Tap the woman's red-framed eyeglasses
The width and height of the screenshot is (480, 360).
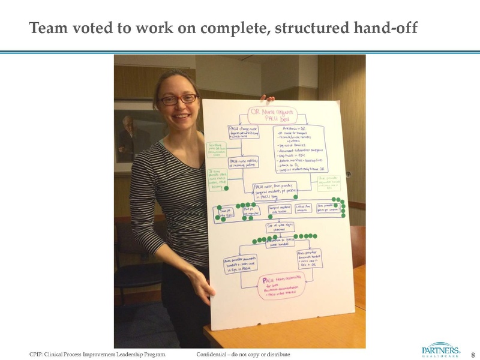[x=178, y=99]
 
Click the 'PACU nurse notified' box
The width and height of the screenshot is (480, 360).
[x=245, y=163]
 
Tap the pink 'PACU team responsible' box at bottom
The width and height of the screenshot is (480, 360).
[x=281, y=288]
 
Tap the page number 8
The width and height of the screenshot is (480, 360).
[x=472, y=355]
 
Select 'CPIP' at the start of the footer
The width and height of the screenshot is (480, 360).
[x=37, y=355]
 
